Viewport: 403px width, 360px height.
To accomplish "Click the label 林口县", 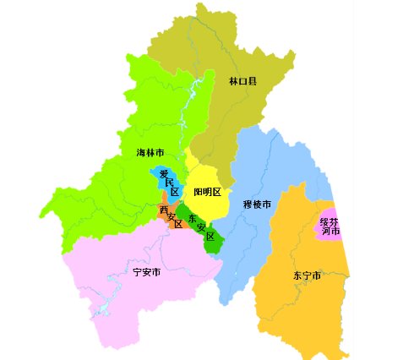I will [x=242, y=82].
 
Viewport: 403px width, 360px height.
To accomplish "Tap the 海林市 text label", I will [x=150, y=153].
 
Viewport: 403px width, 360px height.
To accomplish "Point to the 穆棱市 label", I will [x=256, y=205].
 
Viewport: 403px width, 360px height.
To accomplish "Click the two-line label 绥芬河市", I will [x=329, y=226].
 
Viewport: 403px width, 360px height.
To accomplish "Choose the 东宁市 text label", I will [x=306, y=275].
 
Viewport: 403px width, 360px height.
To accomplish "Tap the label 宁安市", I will [x=147, y=272].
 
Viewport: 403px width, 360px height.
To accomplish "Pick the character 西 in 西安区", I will [x=164, y=210].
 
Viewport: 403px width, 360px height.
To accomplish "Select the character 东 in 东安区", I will [x=193, y=217].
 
